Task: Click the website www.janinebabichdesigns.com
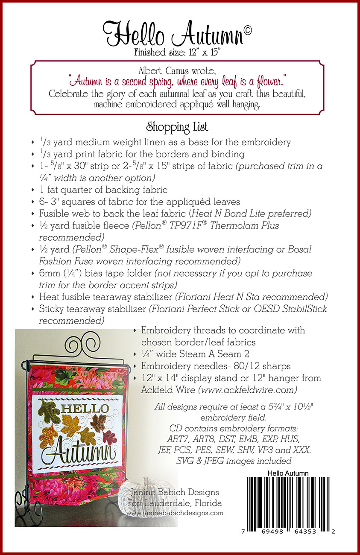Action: pyautogui.click(x=175, y=513)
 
